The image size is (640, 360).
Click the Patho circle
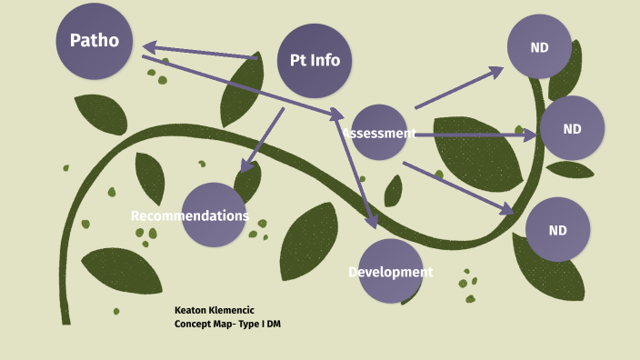tap(94, 41)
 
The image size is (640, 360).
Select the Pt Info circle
tap(315, 61)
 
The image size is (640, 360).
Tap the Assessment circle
tap(379, 133)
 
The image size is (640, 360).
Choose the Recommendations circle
tap(214, 215)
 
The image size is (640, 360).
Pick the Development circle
tap(391, 271)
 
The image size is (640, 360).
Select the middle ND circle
tap(572, 128)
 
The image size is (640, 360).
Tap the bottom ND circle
tap(557, 230)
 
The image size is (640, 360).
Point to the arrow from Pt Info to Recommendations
tap(262, 139)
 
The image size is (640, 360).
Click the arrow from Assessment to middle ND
tap(473, 135)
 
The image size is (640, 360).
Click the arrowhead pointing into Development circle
tap(371, 221)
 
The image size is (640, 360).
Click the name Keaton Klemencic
tap(215, 310)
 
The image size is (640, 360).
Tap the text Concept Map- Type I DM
tap(227, 325)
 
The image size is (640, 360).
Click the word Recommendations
tap(189, 216)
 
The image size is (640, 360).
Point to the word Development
tap(391, 272)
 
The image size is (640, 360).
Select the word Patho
tap(95, 40)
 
